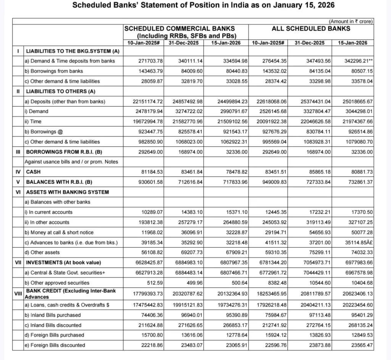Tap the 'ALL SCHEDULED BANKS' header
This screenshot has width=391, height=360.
click(x=311, y=28)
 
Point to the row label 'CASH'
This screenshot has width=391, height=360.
click(x=33, y=172)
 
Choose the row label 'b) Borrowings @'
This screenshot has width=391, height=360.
click(x=43, y=131)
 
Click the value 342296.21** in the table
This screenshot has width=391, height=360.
click(x=354, y=61)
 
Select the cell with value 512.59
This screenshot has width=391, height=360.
click(x=154, y=283)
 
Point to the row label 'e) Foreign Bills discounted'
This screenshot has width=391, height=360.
click(x=55, y=345)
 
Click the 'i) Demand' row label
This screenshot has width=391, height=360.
click(x=36, y=111)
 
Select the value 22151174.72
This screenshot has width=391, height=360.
click(x=144, y=101)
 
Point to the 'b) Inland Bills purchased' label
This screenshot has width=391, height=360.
click(x=53, y=315)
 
